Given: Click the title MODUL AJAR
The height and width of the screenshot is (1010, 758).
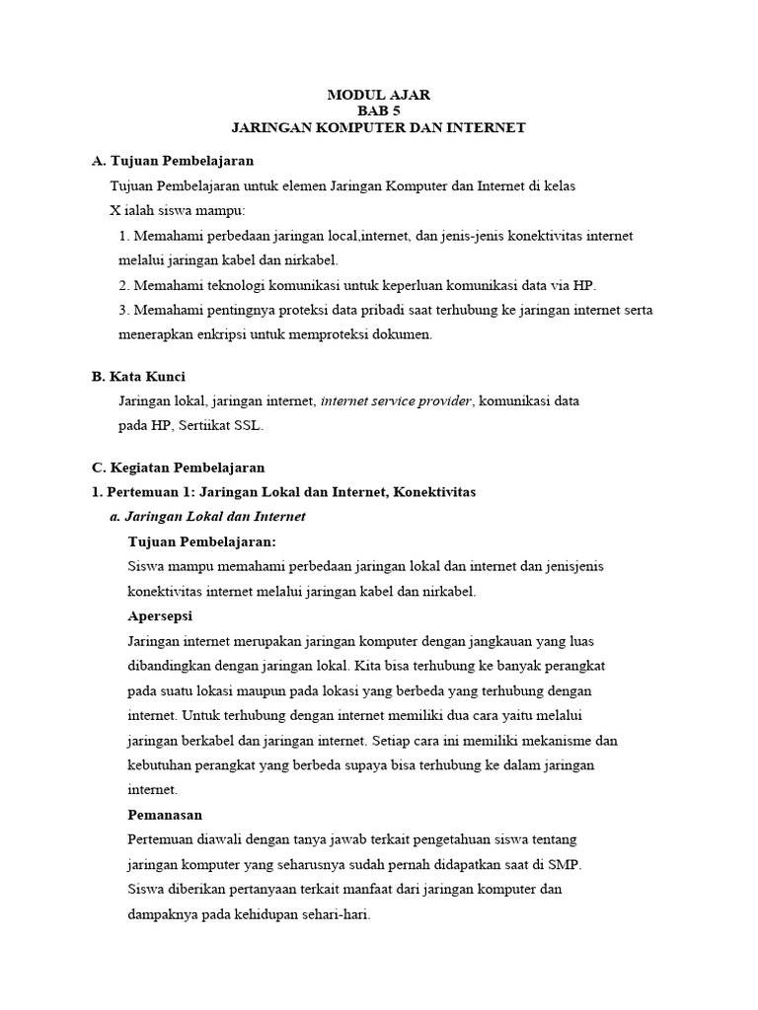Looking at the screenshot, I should coord(379,95).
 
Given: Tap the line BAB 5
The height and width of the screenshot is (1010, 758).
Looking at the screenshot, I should coord(379,111).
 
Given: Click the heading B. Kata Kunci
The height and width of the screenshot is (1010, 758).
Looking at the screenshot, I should coord(138,377).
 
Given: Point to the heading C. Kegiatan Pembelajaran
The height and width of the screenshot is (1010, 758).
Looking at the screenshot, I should coord(178,468).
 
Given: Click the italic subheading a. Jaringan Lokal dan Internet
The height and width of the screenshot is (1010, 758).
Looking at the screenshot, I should coord(207,516).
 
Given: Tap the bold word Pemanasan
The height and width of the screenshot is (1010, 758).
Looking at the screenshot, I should coord(165,815).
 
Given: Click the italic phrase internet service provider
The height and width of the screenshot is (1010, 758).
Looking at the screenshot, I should coord(397,401).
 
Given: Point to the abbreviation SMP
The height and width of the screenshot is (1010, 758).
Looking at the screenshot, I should coord(566,864).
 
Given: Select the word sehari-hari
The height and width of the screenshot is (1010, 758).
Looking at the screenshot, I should coord(336,914).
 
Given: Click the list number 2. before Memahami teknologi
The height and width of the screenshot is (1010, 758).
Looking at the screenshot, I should coord(124,285).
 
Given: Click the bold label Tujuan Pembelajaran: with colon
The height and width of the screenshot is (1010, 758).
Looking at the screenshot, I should coord(202,541).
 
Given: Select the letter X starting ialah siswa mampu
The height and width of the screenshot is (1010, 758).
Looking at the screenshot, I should coord(114,211).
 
